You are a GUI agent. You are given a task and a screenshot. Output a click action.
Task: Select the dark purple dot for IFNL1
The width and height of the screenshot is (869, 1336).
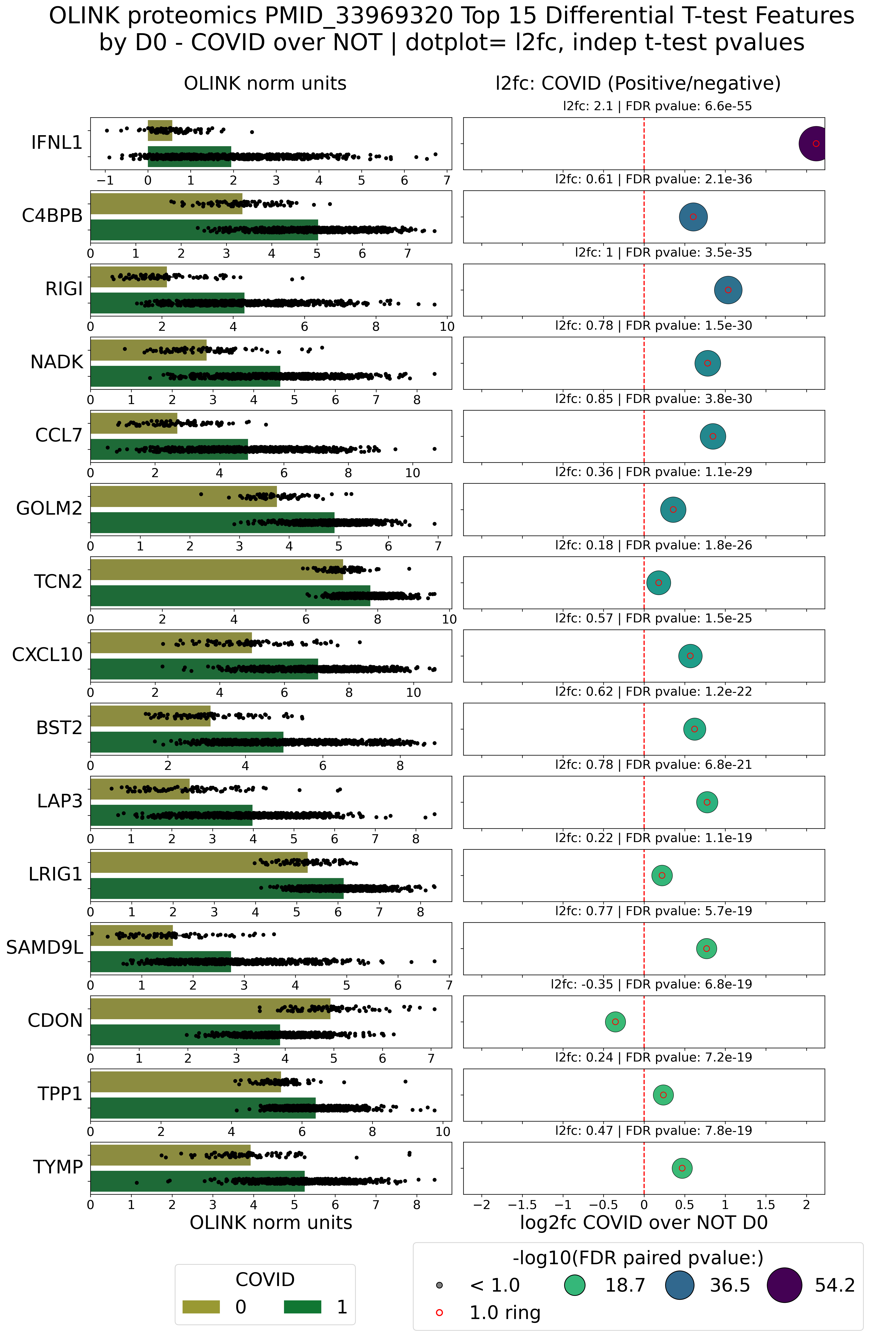[815, 144]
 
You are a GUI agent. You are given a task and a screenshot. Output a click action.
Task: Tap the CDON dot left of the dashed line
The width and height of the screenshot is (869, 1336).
[615, 1022]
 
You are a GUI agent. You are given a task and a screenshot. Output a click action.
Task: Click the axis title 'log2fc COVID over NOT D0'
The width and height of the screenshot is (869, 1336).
[643, 1223]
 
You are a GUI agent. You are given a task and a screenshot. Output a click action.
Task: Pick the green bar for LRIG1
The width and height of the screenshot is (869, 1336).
[217, 889]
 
